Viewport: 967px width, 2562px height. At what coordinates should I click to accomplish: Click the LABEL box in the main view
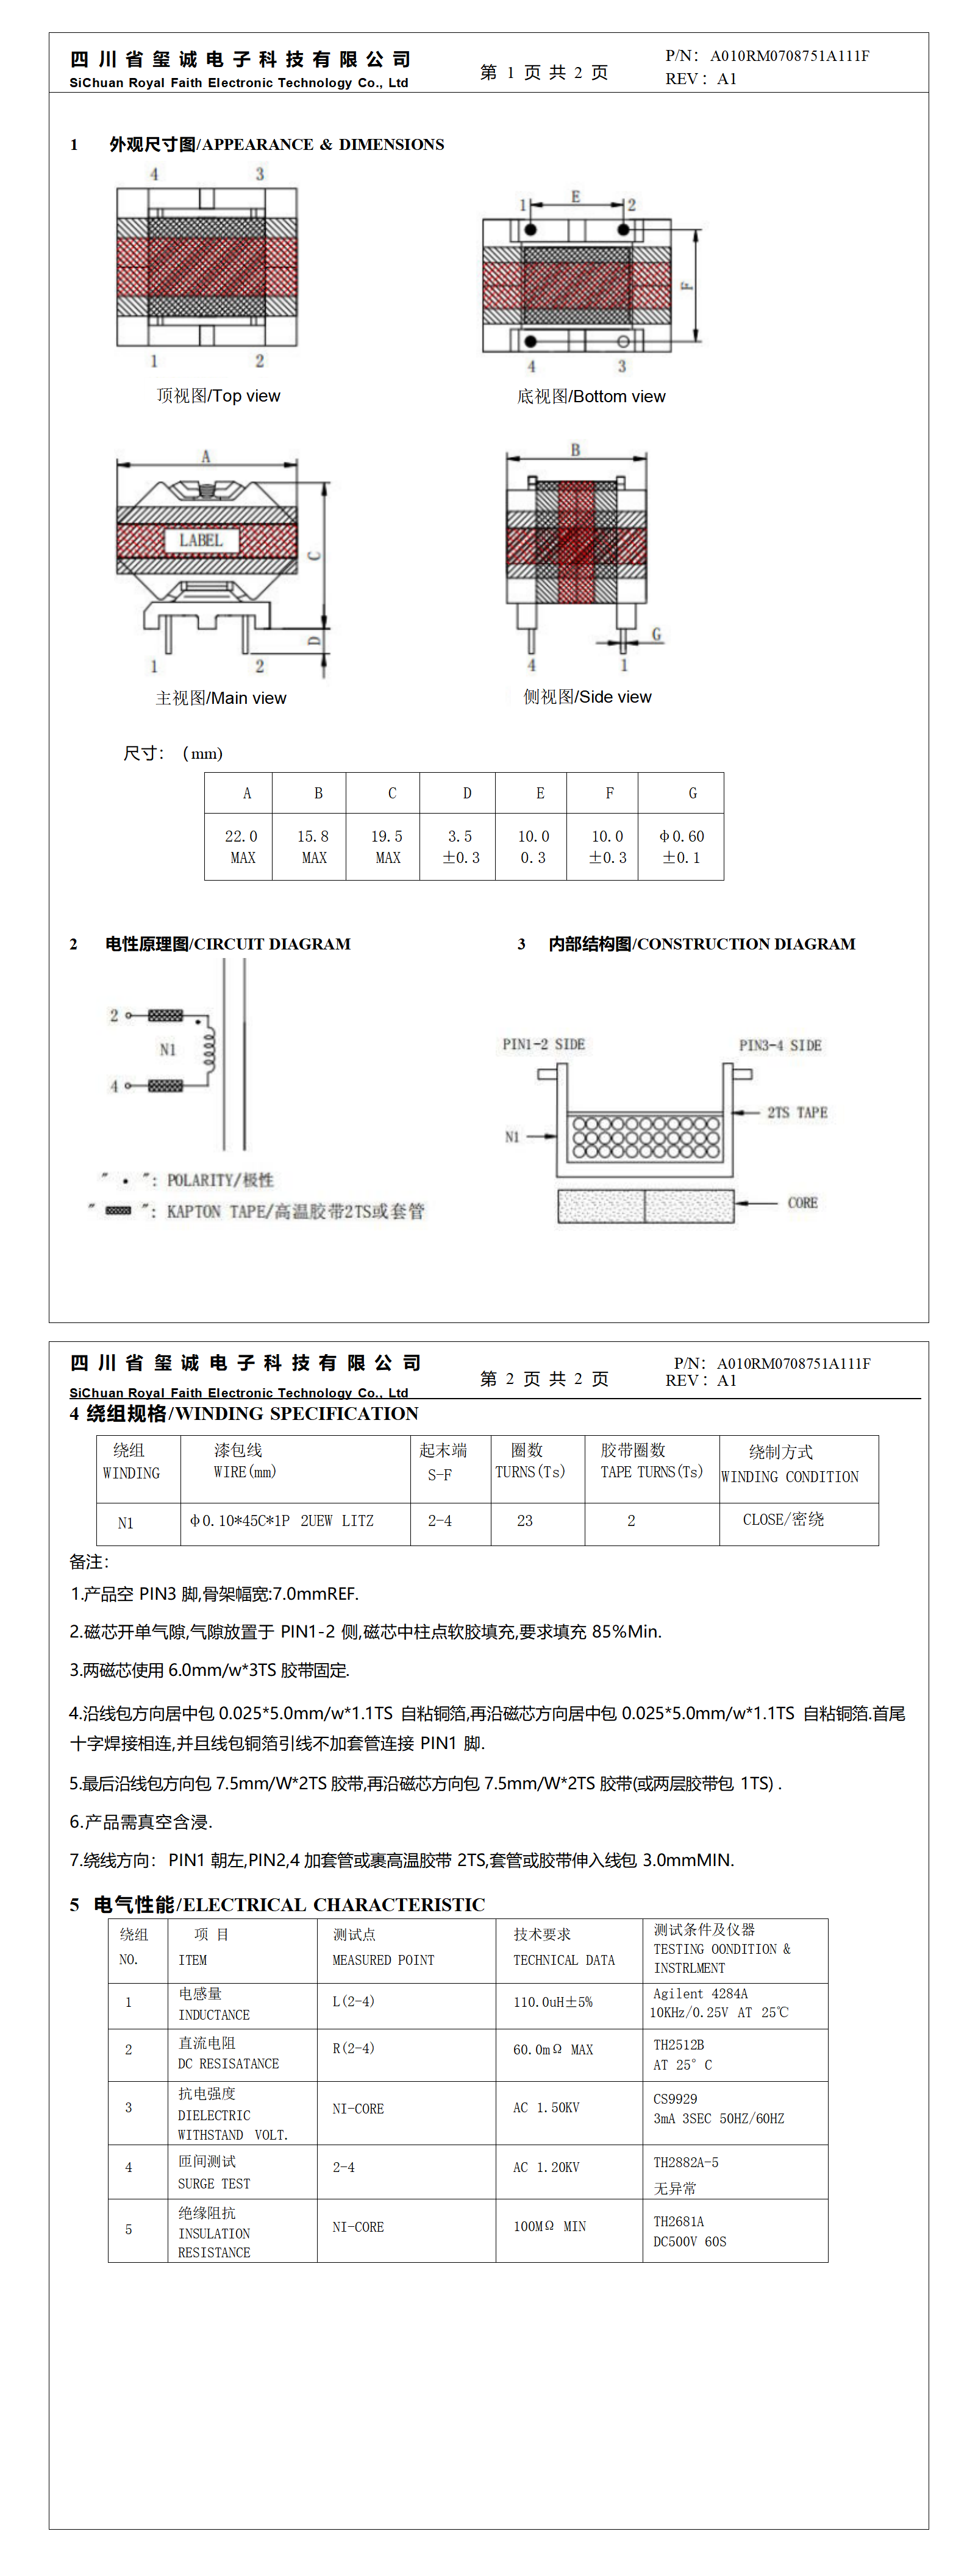pos(201,540)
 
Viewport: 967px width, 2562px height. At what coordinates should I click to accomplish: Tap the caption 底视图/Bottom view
pos(591,397)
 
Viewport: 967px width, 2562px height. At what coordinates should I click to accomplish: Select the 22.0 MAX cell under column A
pos(241,846)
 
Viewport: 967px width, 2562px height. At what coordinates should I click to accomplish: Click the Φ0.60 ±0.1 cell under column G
pos(682,846)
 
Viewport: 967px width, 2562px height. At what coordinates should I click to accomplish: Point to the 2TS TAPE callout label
pos(797,1113)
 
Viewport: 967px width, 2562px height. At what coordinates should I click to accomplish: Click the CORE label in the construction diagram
pos(802,1202)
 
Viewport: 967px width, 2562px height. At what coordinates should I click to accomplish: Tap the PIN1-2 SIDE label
pos(543,1045)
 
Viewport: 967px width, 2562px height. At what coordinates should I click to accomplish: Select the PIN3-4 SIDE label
pos(780,1045)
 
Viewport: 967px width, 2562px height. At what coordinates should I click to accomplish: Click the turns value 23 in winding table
pos(524,1521)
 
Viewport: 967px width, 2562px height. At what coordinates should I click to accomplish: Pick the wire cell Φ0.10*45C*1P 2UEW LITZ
pos(282,1521)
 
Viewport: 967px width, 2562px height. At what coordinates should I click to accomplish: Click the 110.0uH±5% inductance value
pos(552,2002)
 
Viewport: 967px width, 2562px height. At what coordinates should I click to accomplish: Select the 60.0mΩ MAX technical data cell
pos(552,2050)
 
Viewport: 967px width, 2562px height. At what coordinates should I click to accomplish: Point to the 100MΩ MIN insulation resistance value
pos(549,2227)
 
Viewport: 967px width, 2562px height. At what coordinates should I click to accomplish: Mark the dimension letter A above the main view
pos(206,456)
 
